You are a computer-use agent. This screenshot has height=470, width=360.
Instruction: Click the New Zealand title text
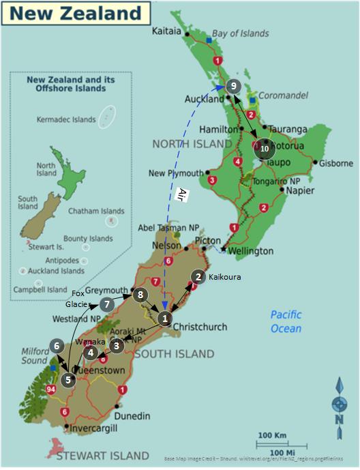[74, 13]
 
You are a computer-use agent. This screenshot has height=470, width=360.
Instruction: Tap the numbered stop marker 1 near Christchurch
[164, 318]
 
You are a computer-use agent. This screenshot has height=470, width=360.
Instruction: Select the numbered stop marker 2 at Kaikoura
[198, 276]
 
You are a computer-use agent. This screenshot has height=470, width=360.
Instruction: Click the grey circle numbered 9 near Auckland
[233, 86]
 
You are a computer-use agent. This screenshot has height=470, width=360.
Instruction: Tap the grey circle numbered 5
[68, 379]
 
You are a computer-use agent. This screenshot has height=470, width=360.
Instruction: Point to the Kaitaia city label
[166, 31]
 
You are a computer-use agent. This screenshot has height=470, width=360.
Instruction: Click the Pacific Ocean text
[286, 321]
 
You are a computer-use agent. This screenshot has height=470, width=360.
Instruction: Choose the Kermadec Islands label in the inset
[65, 120]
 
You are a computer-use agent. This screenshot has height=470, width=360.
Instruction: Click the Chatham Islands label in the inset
[96, 211]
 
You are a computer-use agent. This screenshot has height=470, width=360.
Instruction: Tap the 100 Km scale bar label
[272, 435]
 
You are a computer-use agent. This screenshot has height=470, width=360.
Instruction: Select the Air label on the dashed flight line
[182, 193]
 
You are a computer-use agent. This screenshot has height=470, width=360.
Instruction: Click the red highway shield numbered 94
[50, 390]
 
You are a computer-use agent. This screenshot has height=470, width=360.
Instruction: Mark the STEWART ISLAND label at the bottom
[103, 455]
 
